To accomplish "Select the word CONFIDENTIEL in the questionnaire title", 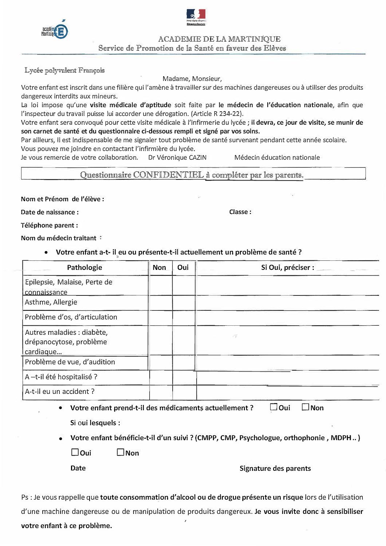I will (x=168, y=175).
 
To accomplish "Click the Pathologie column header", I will (x=84, y=267).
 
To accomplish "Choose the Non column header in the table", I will (x=159, y=267).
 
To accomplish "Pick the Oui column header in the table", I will (x=183, y=267).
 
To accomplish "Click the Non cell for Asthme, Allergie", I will (x=160, y=303).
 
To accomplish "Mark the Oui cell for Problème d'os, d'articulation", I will (x=184, y=318).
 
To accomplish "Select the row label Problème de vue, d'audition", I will (x=70, y=362).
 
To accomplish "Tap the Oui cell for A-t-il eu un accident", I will (x=184, y=392).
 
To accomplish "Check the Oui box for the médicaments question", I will (x=274, y=407).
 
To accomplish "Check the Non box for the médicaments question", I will (x=306, y=407).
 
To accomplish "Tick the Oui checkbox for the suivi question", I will (x=75, y=452).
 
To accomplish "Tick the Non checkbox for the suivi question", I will (x=121, y=452).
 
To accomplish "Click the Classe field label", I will (x=240, y=212).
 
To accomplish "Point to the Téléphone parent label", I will (x=49, y=225).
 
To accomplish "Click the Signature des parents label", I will (x=275, y=468).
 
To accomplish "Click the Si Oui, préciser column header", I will (x=287, y=267).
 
